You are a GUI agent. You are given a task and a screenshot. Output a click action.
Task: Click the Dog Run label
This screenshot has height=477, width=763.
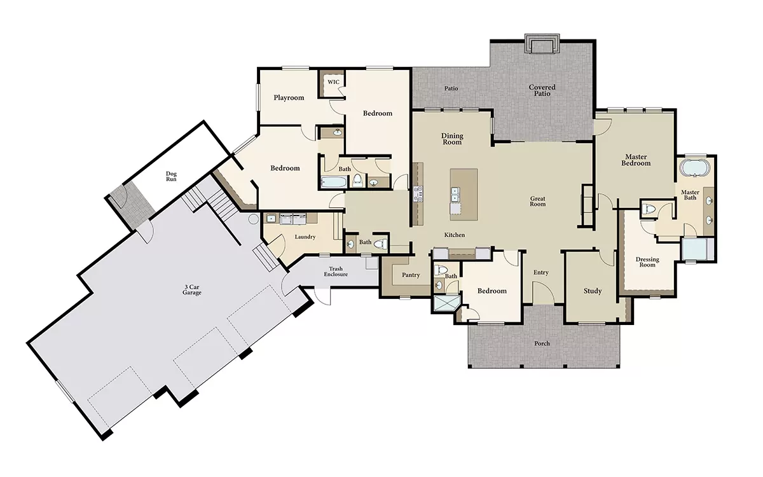pyautogui.click(x=171, y=177)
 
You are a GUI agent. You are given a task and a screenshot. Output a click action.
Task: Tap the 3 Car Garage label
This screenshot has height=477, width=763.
pyautogui.click(x=192, y=289)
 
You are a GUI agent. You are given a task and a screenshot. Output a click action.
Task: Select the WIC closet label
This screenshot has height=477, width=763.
pyautogui.click(x=333, y=82)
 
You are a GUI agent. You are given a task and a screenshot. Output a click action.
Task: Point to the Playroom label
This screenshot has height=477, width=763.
pyautogui.click(x=289, y=98)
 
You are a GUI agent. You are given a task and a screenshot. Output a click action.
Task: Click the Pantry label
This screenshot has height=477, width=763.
pyautogui.click(x=411, y=275)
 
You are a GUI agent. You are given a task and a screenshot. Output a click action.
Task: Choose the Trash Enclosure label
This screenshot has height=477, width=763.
pyautogui.click(x=336, y=272)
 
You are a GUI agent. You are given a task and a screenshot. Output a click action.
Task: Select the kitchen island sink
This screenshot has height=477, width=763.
pyautogui.click(x=455, y=194)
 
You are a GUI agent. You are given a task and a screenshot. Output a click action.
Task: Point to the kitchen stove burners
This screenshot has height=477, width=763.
pyautogui.click(x=418, y=193)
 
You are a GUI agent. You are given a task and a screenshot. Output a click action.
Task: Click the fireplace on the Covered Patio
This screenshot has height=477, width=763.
pyautogui.click(x=542, y=44)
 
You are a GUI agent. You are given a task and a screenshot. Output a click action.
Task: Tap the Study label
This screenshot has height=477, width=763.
pyautogui.click(x=593, y=291)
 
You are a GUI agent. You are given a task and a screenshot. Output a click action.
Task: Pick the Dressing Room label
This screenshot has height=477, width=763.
pyautogui.click(x=647, y=262)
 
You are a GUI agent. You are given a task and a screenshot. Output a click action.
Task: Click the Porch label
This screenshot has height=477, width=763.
pyautogui.click(x=542, y=343)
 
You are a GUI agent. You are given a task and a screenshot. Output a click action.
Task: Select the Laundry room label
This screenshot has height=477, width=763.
pyautogui.click(x=305, y=237)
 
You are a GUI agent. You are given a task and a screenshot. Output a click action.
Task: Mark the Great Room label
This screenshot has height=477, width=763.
pyautogui.click(x=538, y=202)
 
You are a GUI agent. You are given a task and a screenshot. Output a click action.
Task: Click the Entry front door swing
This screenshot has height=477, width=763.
pyautogui.click(x=543, y=292)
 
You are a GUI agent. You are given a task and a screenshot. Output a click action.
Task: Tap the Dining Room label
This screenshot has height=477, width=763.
pyautogui.click(x=452, y=139)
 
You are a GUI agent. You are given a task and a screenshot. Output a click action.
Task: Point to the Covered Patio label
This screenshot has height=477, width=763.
pyautogui.click(x=542, y=90)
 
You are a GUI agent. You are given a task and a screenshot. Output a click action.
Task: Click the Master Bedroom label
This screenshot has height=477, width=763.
pyautogui.click(x=636, y=160)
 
